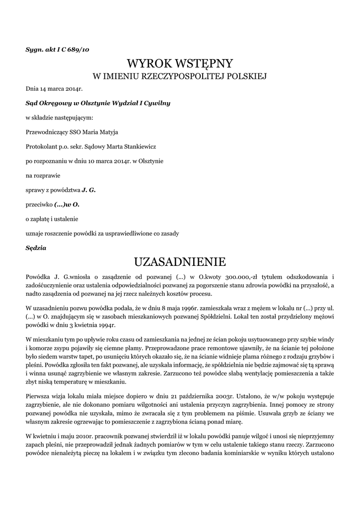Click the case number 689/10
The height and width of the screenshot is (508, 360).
point(79,49)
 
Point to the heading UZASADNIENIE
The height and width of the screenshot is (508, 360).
point(180,261)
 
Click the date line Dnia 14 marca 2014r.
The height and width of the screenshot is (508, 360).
point(54,89)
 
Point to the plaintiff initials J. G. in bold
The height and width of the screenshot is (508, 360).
point(88,190)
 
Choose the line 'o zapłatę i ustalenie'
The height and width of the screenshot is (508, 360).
point(52,218)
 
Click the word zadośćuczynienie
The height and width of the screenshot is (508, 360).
point(51,285)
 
